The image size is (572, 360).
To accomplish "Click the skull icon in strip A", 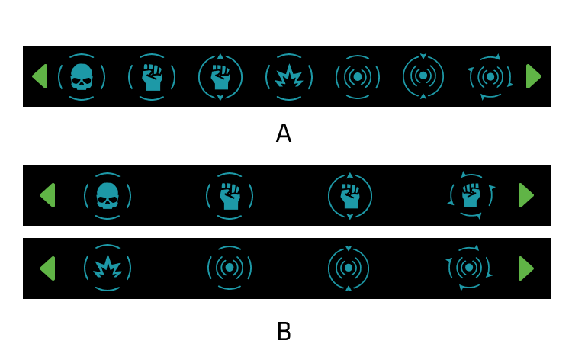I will point(82,77).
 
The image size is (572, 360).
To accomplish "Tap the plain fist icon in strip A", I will point(152,77).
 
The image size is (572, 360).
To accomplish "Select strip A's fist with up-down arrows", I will point(220,77).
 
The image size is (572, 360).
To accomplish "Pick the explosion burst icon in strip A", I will point(289,77).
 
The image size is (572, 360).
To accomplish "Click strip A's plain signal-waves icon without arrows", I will point(358,77).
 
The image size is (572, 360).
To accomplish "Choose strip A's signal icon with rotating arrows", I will point(490,77).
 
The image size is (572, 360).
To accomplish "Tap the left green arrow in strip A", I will point(40,76).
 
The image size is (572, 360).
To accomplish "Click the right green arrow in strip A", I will point(534,76).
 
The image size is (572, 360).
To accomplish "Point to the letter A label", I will point(284,133).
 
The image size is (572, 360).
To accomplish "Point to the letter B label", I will point(284,332).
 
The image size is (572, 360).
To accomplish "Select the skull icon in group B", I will point(108,196).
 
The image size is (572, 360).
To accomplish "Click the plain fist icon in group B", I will point(230,196).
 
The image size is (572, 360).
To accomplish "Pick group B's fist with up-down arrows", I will point(350,196).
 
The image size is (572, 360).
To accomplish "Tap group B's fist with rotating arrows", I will point(471,195).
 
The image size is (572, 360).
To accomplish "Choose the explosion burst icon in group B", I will point(108,268).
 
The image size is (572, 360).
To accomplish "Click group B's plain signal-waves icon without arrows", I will point(230,268).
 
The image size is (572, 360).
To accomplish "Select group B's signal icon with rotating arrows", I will point(469,268).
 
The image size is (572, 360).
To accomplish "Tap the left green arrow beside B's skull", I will point(47,195).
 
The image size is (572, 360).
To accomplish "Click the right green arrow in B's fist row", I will point(526,195).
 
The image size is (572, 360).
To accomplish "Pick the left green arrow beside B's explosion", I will point(47,268).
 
